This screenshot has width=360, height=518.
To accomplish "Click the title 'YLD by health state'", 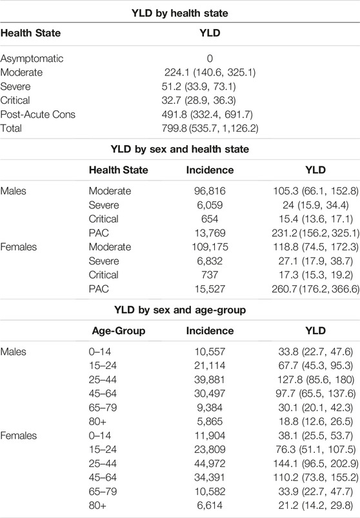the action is (x=179, y=13).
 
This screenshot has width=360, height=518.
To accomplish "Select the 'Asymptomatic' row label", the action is (x=32, y=59).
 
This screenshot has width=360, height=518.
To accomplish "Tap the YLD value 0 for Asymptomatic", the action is (x=210, y=59).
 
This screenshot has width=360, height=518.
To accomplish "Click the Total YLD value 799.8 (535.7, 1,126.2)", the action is (x=210, y=128).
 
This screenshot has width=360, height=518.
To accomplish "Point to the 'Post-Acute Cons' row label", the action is (x=37, y=114).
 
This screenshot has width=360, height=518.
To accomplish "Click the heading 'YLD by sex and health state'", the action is (x=179, y=149).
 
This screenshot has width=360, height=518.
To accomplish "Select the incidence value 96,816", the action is (x=210, y=191).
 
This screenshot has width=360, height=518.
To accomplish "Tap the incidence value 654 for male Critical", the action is (x=210, y=219).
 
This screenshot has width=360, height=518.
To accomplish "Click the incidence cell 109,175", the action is (x=210, y=247).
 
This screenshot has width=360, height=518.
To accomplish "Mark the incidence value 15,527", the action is (x=210, y=289).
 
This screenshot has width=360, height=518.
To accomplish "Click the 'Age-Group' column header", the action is (x=119, y=331).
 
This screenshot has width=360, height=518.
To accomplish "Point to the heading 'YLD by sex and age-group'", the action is (x=179, y=310).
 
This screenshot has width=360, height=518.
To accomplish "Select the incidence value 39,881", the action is (x=210, y=379).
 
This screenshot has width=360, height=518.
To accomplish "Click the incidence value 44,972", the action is (x=210, y=464).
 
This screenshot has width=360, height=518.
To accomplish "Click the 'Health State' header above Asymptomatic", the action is (x=30, y=33).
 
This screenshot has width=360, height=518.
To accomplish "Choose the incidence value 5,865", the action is (x=210, y=421).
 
